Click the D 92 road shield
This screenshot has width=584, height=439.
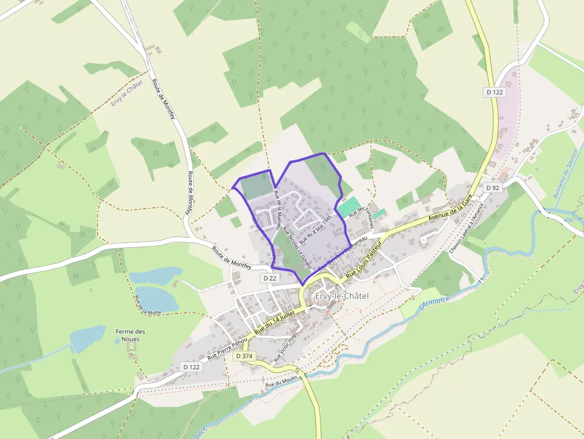pyautogui.click(x=492, y=188)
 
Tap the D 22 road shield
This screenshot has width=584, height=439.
pyautogui.click(x=269, y=278)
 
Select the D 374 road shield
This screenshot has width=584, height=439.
pyautogui.click(x=244, y=356)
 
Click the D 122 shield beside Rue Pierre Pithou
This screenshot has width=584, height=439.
pyautogui.click(x=191, y=367)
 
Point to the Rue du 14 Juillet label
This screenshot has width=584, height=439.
pyautogui.click(x=275, y=323)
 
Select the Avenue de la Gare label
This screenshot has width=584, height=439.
pyautogui.click(x=450, y=210)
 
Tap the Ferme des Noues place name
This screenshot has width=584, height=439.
pyautogui.click(x=131, y=335)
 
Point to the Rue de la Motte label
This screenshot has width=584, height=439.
pyautogui.click(x=140, y=304)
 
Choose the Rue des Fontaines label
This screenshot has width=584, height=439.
pyautogui.click(x=361, y=218)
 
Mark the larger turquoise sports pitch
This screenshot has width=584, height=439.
pyautogui.click(x=349, y=206)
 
